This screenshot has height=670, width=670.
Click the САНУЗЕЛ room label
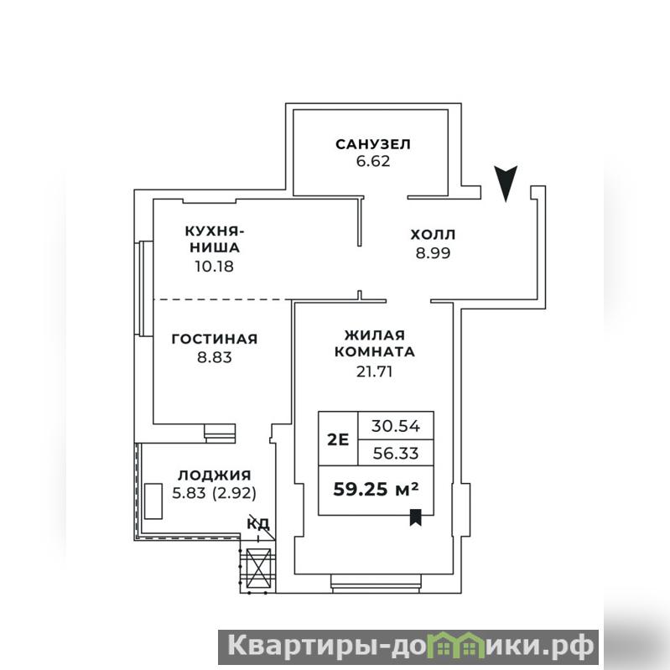point(373,144)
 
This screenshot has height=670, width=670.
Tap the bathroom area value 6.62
point(373,162)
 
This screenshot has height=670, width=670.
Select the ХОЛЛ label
point(433,235)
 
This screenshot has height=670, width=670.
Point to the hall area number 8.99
point(434,253)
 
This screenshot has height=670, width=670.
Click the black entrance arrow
point(506,183)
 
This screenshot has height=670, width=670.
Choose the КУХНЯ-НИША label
point(215,239)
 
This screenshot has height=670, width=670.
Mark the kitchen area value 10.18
point(215,266)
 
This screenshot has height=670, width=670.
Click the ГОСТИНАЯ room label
point(215,339)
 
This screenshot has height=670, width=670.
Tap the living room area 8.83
point(215,356)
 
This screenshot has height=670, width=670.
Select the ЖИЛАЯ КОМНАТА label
point(374,343)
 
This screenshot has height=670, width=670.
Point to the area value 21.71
point(374,371)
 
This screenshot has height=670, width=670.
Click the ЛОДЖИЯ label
point(215,475)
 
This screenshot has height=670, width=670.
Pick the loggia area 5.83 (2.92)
point(215,494)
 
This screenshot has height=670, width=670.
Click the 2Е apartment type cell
point(338,439)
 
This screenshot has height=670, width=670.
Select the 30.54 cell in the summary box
point(396,426)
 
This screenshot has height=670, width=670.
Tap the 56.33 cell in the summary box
point(396,453)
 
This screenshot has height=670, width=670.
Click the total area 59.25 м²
point(376,489)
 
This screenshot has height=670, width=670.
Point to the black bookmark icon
point(416,517)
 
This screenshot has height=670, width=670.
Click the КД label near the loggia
point(258,522)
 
